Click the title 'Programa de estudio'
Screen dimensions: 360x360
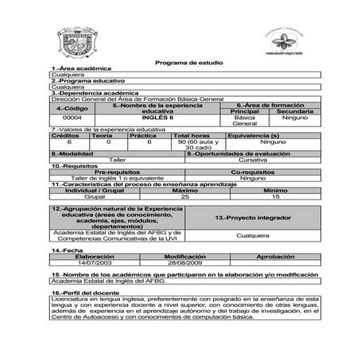click(180, 63)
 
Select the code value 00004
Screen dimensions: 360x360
click(72, 118)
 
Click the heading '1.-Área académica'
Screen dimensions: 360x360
click(80, 69)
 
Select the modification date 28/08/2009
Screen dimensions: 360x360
click(185, 262)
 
